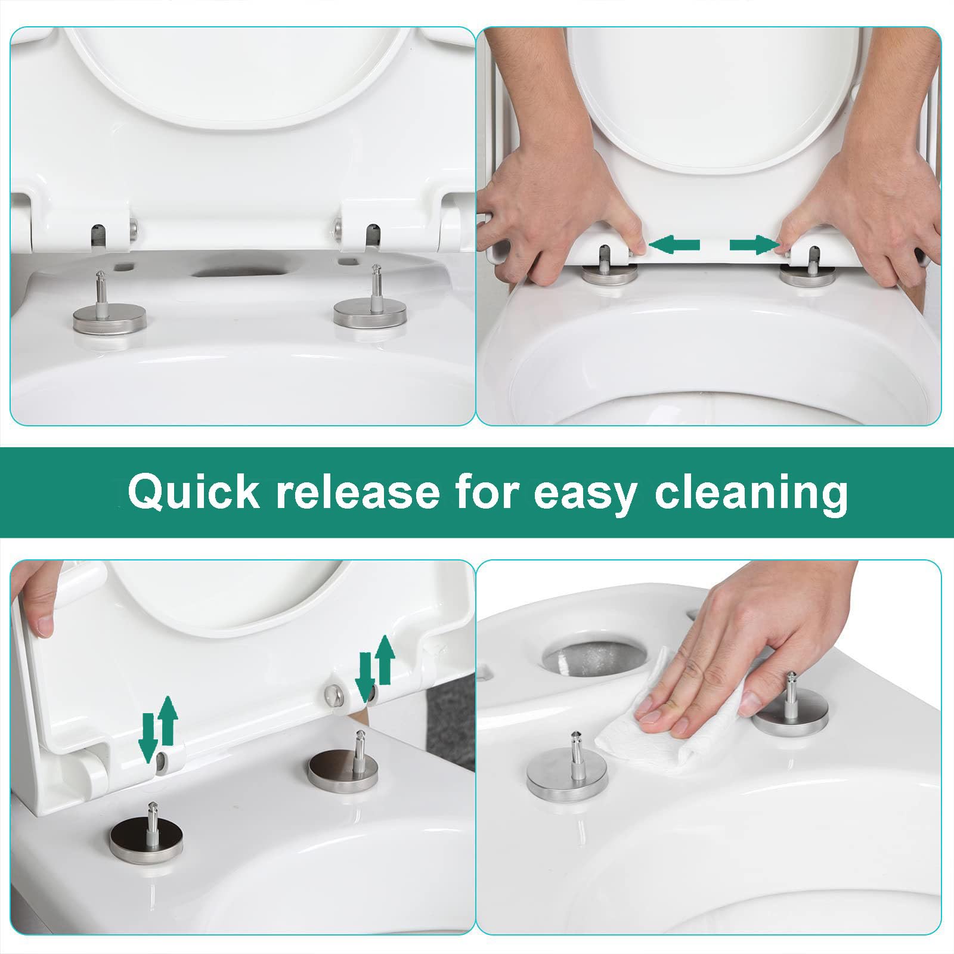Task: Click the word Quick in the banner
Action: (194, 493)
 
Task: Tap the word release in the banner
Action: (357, 493)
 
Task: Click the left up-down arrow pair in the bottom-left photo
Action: (158, 729)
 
